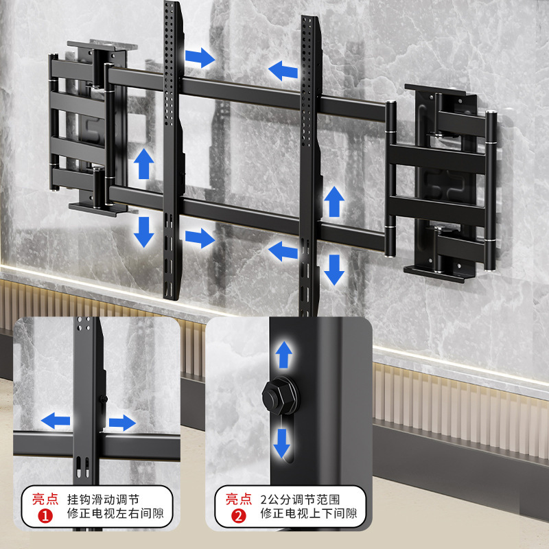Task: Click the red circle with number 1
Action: click(45, 513)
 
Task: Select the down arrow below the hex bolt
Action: click(282, 443)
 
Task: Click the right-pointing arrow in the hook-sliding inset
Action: click(123, 421)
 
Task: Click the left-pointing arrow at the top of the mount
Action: click(283, 69)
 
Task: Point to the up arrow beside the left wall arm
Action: click(143, 164)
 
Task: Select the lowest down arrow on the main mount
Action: click(334, 269)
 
